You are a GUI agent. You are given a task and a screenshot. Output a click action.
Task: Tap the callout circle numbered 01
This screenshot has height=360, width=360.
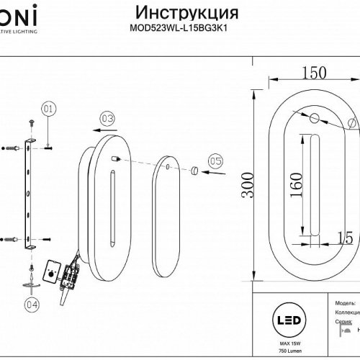48,109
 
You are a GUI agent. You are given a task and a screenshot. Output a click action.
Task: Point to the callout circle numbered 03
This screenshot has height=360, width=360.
107,118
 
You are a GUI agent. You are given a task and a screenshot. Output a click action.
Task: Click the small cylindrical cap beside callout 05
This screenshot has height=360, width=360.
194,170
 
